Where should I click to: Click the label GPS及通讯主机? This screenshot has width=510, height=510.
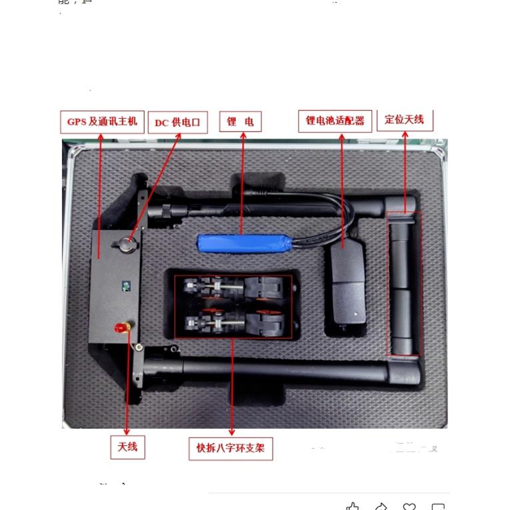(x=102, y=121)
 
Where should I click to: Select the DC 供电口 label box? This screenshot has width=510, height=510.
(x=177, y=123)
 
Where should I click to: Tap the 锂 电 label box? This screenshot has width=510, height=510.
(x=240, y=122)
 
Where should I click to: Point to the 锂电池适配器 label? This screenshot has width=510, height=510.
(x=335, y=121)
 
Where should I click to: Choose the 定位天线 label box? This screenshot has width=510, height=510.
(x=405, y=119)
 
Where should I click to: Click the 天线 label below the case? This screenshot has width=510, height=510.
(x=127, y=447)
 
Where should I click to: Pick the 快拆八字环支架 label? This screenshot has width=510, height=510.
(x=231, y=448)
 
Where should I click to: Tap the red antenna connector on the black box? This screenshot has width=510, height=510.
(x=122, y=328)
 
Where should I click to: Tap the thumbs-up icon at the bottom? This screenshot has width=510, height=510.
(x=353, y=507)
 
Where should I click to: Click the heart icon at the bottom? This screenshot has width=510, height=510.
(x=409, y=507)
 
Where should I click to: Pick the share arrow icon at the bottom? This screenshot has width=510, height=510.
(x=381, y=507)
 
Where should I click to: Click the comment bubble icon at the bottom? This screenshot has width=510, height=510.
(x=438, y=507)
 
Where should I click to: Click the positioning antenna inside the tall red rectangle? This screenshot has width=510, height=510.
(x=404, y=283)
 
